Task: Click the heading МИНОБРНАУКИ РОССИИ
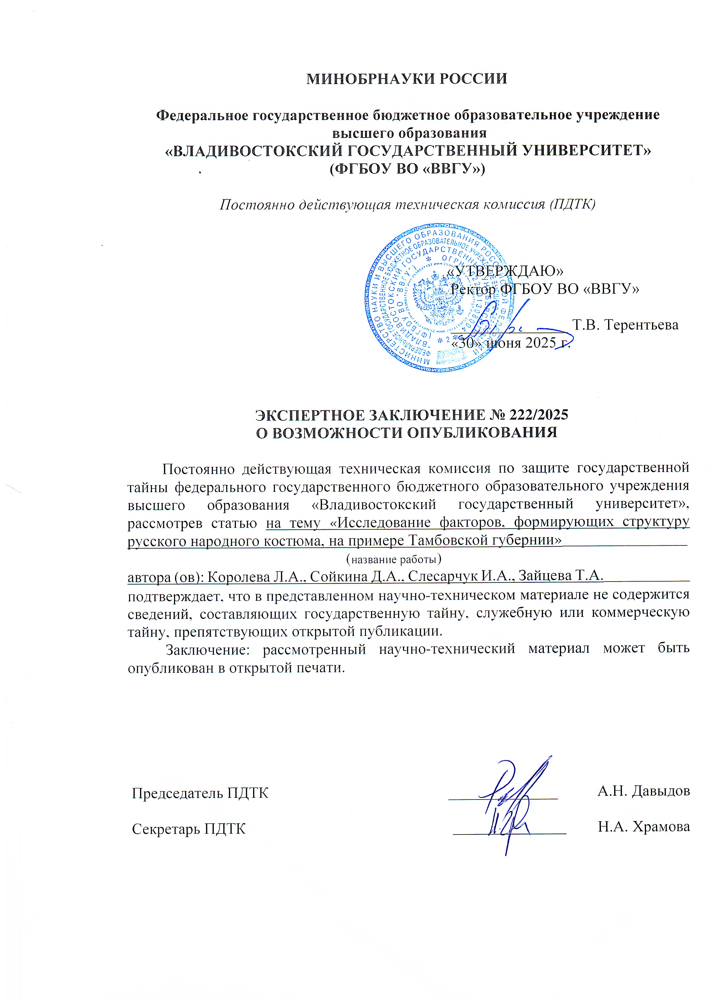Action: (x=406, y=79)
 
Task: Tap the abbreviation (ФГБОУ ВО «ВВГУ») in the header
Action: (x=407, y=169)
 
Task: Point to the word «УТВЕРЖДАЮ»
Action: (x=505, y=271)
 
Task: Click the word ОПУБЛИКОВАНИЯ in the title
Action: (x=482, y=433)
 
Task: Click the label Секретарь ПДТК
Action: (x=189, y=829)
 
